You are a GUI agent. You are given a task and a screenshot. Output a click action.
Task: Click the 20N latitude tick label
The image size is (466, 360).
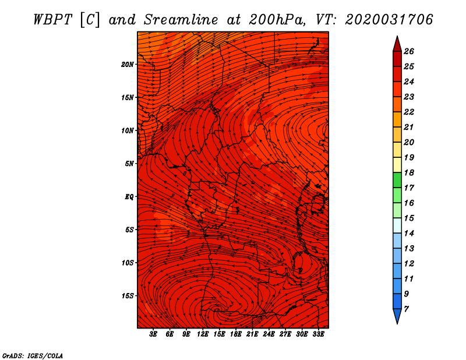tap(127, 64)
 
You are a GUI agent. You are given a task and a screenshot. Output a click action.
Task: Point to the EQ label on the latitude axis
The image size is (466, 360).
tap(129, 196)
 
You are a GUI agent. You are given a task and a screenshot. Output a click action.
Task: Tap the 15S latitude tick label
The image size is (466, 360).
tap(127, 295)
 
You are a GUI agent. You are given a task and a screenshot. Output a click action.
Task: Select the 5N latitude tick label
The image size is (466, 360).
tap(129, 163)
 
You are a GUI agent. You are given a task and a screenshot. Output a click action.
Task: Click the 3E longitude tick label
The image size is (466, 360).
tap(153, 334)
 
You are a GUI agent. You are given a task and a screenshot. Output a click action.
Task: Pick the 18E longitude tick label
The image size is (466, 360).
tap(235, 334)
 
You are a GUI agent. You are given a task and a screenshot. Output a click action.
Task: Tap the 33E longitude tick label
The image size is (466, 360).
tap(318, 334)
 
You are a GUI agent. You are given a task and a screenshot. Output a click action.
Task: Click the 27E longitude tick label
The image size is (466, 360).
tap(285, 334)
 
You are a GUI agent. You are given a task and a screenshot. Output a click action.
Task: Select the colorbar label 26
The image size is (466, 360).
tap(409, 51)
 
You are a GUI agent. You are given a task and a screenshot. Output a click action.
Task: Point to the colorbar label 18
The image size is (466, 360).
tap(409, 172)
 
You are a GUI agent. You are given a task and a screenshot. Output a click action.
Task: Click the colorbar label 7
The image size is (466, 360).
tap(406, 309)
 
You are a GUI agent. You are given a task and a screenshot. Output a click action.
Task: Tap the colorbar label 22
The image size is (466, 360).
tap(409, 112)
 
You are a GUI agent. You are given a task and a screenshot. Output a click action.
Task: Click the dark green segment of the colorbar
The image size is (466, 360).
tap(397, 180)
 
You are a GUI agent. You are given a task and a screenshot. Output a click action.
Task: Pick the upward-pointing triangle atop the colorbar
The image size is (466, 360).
tap(397, 45)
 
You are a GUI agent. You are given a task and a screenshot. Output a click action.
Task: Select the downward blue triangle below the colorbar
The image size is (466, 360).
tap(397, 315)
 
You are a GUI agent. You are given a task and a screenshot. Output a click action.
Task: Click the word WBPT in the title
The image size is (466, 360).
tap(53, 20)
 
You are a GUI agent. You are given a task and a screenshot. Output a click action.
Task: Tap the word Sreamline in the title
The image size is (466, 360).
tap(181, 20)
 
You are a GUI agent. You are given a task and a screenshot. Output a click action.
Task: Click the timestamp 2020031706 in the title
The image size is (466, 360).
tap(389, 20)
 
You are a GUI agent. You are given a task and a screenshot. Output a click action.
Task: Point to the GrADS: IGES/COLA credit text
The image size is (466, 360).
tap(33, 355)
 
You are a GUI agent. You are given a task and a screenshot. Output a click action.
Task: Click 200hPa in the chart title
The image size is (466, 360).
tap(277, 20)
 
